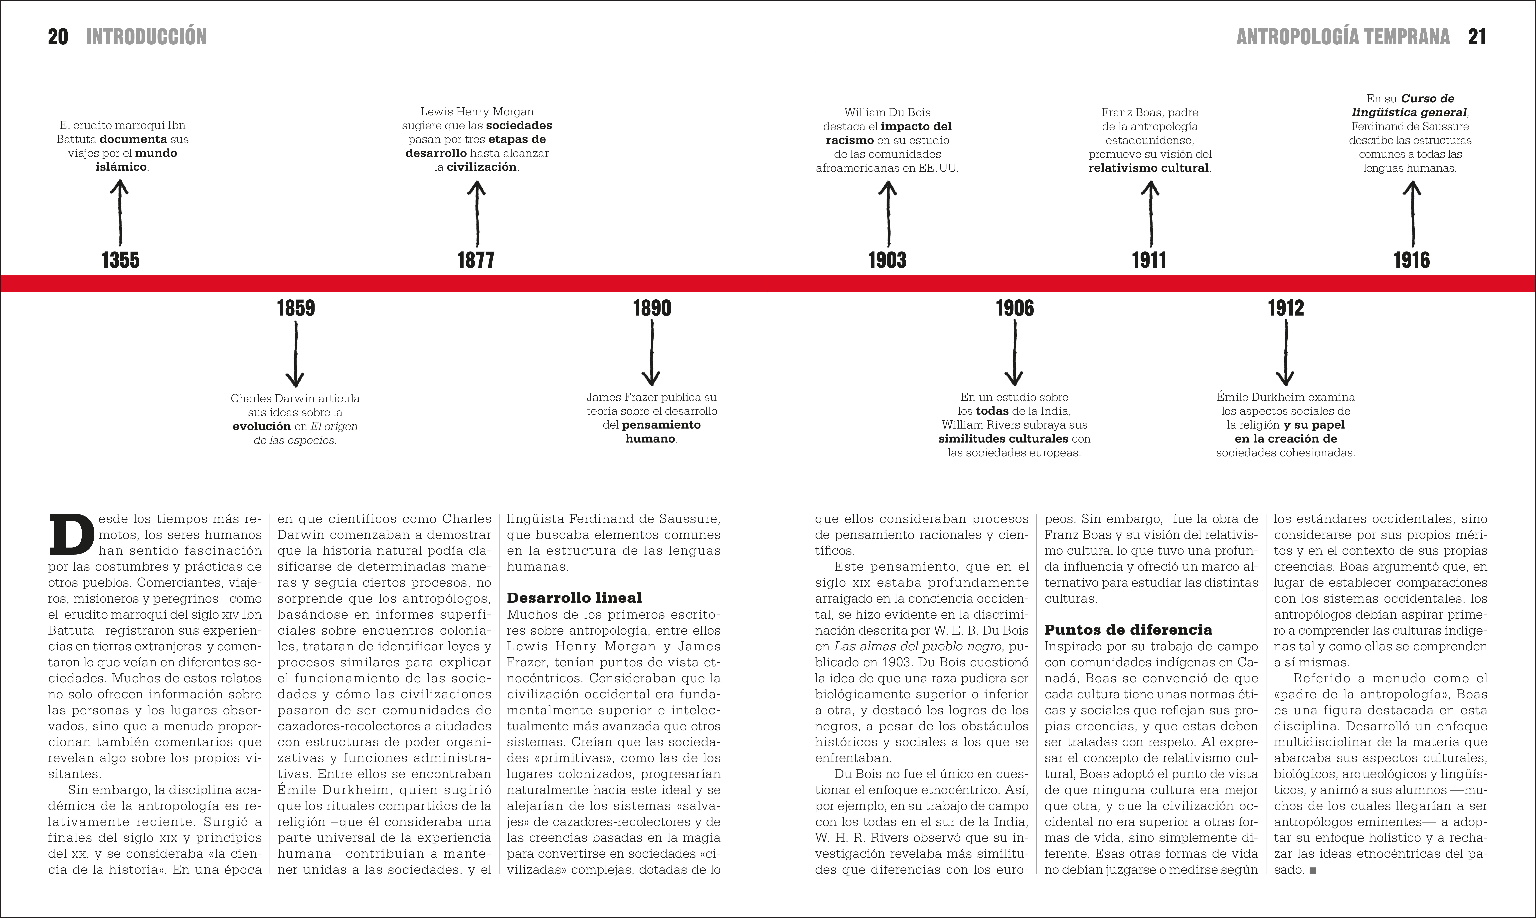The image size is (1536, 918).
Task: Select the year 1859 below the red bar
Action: click(x=296, y=308)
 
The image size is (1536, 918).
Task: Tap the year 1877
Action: click(x=476, y=260)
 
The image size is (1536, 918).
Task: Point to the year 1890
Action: click(x=652, y=308)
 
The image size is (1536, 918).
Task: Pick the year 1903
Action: click(x=887, y=260)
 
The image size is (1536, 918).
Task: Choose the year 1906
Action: click(x=1014, y=308)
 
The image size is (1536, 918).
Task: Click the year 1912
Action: click(x=1285, y=308)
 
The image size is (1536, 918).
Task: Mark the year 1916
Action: click(x=1412, y=260)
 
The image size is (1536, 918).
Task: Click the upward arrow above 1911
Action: click(x=1150, y=213)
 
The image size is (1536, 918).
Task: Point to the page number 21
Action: click(x=1477, y=37)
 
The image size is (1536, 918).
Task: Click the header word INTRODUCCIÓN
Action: click(x=147, y=37)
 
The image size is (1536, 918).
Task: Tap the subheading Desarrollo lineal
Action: click(x=574, y=598)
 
